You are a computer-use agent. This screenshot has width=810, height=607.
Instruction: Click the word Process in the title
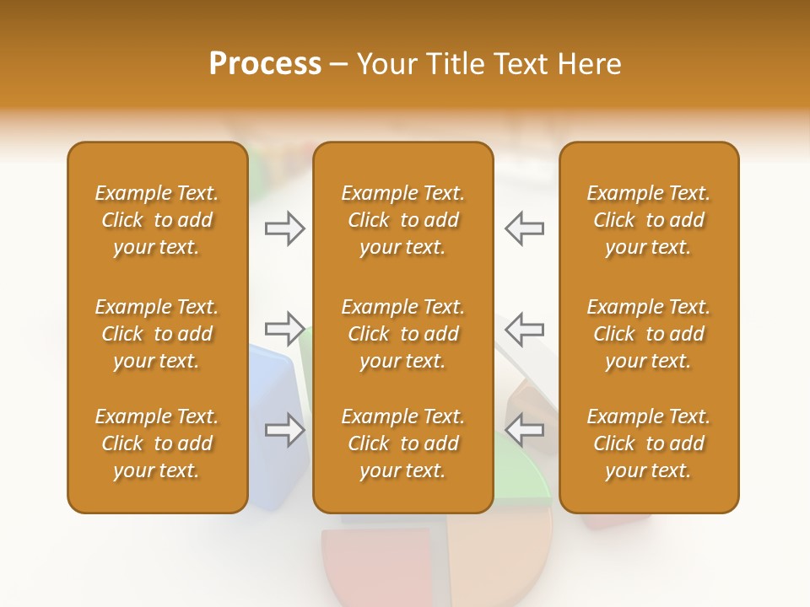click(265, 64)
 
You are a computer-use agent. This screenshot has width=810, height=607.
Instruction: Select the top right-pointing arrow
click(285, 228)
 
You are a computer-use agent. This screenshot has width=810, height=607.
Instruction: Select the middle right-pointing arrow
click(285, 328)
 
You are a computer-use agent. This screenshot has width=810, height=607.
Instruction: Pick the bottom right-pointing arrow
click(285, 430)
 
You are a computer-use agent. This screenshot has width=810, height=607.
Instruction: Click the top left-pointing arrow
click(524, 228)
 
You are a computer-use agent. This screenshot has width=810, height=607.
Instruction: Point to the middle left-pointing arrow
click(524, 328)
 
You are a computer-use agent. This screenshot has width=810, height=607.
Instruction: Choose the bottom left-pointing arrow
click(524, 430)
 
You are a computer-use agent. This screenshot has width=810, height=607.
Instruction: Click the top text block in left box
click(157, 220)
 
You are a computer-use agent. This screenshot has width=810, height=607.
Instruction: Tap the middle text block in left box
click(157, 334)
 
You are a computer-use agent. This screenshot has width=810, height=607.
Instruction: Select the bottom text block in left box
click(157, 443)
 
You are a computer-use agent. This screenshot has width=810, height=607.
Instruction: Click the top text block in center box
click(402, 220)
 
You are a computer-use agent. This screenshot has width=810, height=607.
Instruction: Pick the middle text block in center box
click(402, 334)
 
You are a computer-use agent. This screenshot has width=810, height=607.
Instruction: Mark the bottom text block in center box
click(402, 443)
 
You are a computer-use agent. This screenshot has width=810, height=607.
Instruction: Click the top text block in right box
click(648, 220)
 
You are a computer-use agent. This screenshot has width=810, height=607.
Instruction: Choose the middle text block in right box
click(648, 334)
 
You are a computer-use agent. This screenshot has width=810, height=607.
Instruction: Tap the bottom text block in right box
click(648, 443)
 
